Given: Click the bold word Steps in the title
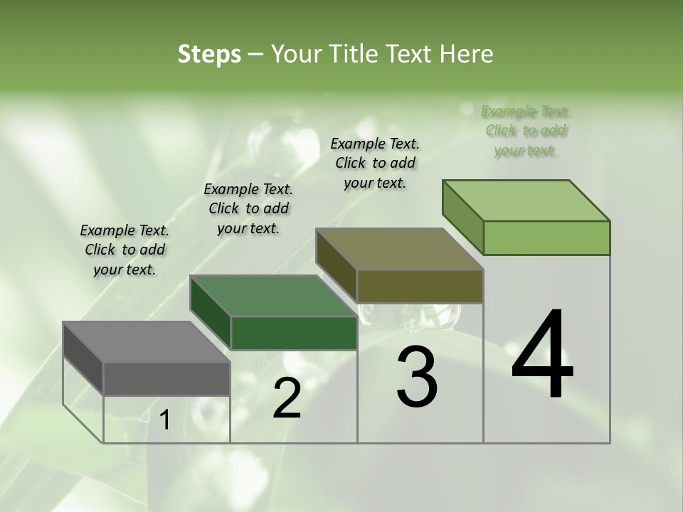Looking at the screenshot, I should tap(209, 54).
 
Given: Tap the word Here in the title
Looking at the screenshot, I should tap(465, 54).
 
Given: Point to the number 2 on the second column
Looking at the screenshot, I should tap(287, 398).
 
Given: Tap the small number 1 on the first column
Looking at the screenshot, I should tap(165, 420).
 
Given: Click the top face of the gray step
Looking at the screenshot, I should tap(146, 342).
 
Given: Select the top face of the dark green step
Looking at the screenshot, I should tap(273, 296).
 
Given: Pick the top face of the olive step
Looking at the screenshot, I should tap(399, 249).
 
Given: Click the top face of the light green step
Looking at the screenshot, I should tap(526, 201).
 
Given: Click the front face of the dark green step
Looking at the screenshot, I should tap(294, 333).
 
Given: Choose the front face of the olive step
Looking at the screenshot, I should tap(420, 286).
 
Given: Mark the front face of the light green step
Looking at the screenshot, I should tap(546, 238).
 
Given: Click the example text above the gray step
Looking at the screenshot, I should tap(125, 250).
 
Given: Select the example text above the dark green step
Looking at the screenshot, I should tap(248, 208).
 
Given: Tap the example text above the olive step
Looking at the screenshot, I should tap(375, 163).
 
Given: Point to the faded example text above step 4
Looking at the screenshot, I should tap(526, 131).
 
